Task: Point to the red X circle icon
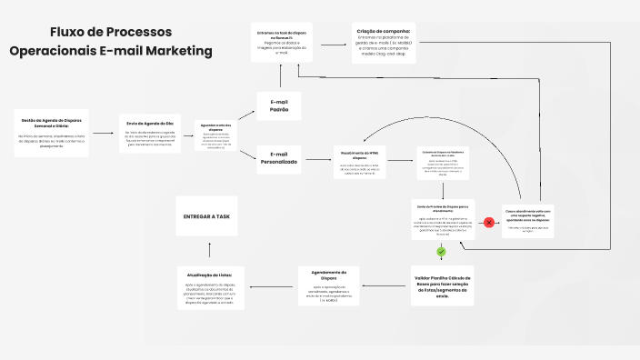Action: pyautogui.click(x=488, y=222)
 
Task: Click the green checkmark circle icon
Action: pyautogui.click(x=442, y=252)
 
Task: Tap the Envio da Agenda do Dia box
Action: pyautogui.click(x=150, y=134)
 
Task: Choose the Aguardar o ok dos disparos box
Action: pyautogui.click(x=217, y=135)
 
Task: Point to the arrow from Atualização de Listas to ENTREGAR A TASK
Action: pyautogui.click(x=209, y=250)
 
